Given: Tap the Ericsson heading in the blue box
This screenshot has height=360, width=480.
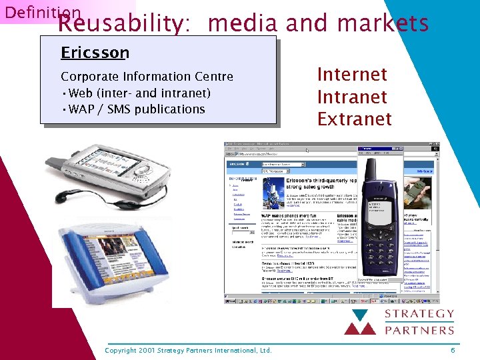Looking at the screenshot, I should tap(95, 53).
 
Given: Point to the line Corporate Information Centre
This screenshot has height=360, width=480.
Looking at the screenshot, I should tap(147, 76).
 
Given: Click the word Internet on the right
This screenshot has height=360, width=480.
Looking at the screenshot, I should tap(352, 74).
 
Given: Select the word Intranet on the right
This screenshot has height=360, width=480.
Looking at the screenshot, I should tap(352, 97).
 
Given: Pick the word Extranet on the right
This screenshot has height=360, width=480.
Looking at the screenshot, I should tap(354, 119).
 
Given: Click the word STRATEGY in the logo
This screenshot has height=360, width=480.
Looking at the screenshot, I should tap(422, 314).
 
